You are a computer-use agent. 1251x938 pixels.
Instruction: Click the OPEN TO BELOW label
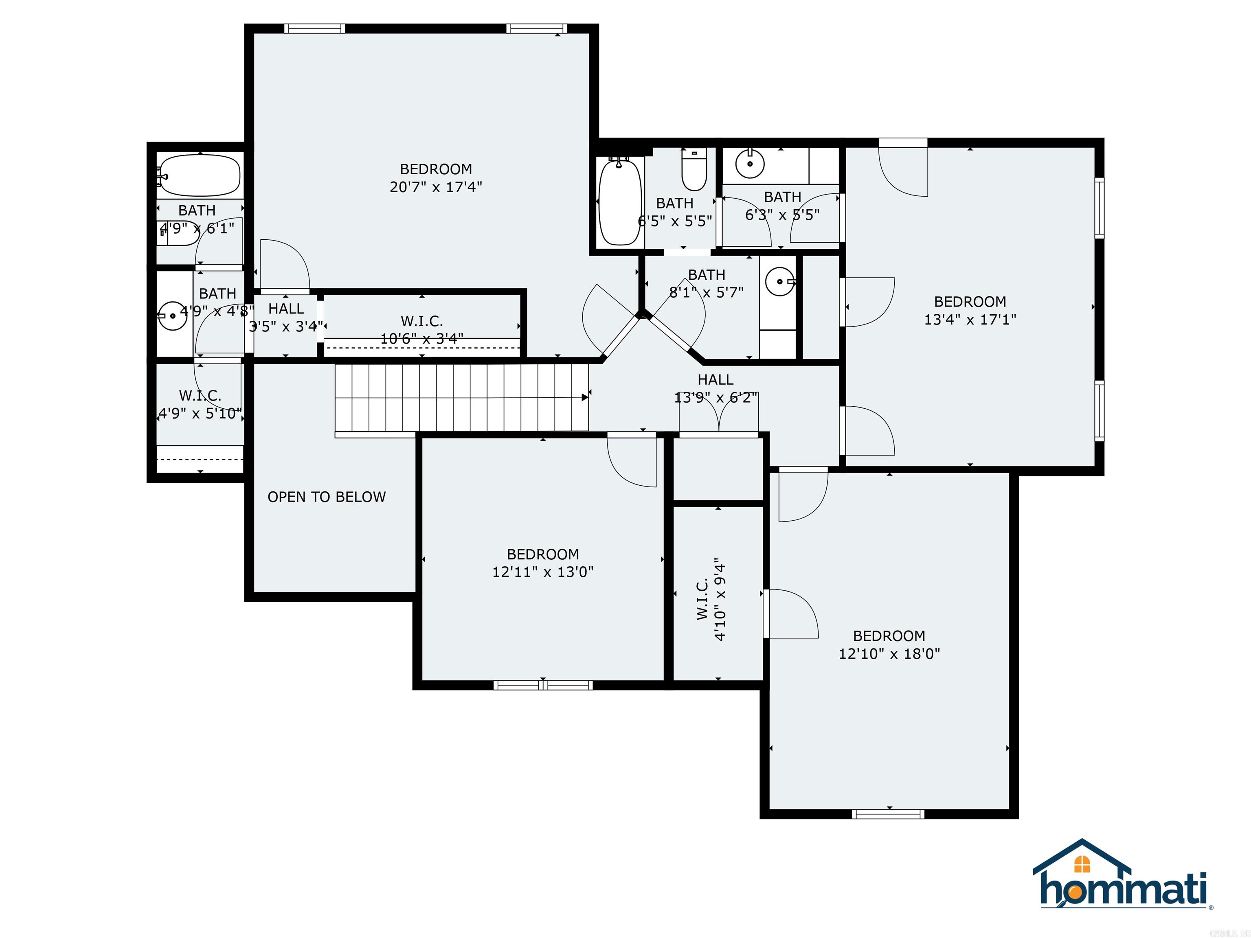(x=326, y=497)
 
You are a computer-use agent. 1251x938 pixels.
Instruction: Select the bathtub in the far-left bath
(x=200, y=176)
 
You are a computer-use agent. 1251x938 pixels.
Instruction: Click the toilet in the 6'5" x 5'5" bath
(x=694, y=170)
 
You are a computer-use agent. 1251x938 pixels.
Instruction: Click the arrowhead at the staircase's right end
(x=585, y=397)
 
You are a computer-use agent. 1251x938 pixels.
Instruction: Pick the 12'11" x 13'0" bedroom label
(x=542, y=563)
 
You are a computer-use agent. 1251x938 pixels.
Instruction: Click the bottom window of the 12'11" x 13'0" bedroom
(x=543, y=685)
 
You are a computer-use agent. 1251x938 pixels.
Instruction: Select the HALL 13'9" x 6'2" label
(x=715, y=388)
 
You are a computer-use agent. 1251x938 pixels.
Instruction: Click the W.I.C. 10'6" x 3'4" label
(x=422, y=330)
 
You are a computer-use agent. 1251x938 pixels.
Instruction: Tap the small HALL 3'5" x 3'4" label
(x=286, y=317)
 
